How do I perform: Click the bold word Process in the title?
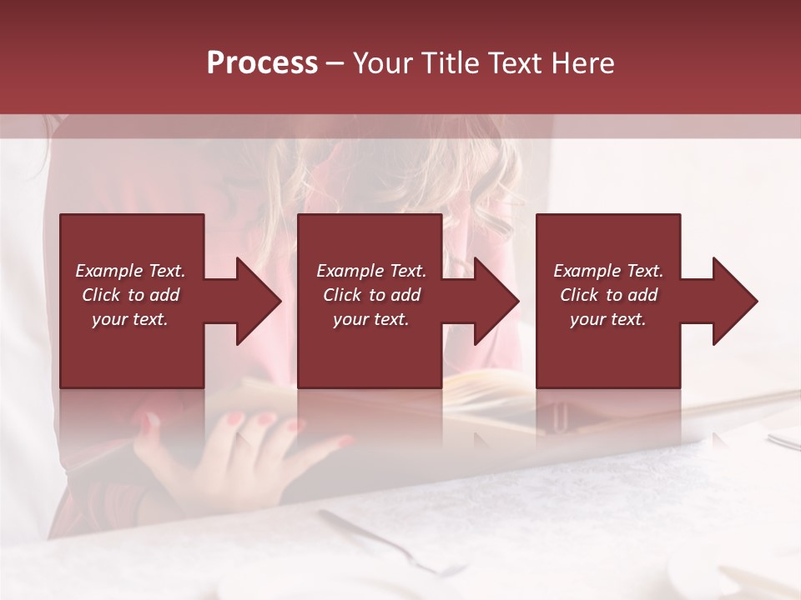(262, 63)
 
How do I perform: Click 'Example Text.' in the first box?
(130, 271)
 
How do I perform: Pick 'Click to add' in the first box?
(130, 295)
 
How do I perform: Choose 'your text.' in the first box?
(130, 319)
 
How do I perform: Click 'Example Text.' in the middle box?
(370, 271)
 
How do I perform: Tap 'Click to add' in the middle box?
(370, 295)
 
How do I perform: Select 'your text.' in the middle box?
(370, 319)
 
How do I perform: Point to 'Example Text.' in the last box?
(608, 271)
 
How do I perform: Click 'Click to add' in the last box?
(608, 295)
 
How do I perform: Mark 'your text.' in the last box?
(608, 319)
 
